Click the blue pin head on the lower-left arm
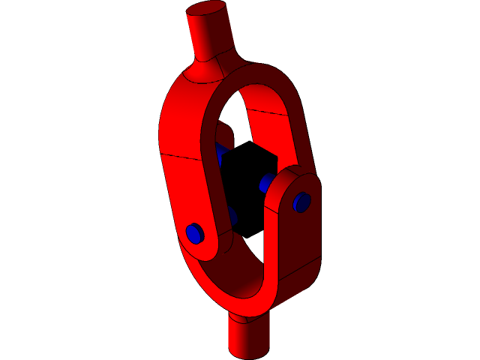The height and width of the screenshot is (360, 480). [195, 233]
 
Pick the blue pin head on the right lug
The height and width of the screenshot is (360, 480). [301, 202]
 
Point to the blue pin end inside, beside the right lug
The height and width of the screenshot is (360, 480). [266, 184]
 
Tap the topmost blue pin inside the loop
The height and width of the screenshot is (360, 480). [220, 153]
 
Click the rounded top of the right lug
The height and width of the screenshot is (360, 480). [297, 178]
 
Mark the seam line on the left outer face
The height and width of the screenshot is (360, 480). [180, 156]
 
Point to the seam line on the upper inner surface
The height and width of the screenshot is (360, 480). [266, 112]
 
